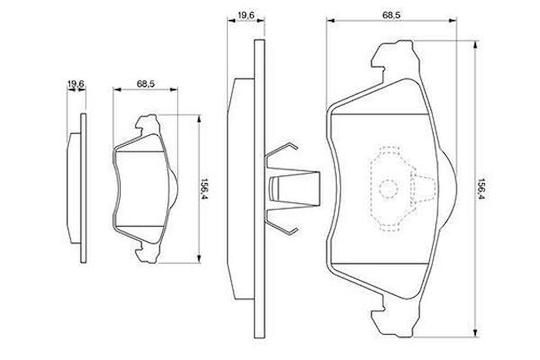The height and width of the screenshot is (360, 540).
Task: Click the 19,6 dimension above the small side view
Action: coord(76,84)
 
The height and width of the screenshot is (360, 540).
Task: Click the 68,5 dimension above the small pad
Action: coord(146,84)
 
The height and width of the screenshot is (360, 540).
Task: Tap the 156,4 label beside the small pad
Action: coord(205,189)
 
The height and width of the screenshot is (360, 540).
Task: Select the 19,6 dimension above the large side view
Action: coord(246,15)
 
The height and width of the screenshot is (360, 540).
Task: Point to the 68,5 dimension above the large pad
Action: coord(391,15)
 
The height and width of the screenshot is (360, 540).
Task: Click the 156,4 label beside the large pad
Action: coord(481,189)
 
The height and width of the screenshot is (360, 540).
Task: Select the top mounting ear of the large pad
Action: coord(396,57)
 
